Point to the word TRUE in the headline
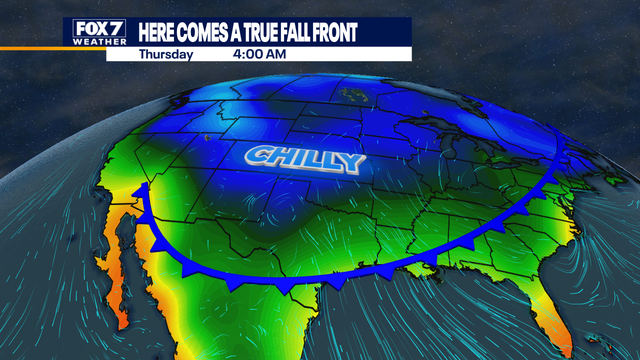[272, 33]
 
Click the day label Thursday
[166, 54]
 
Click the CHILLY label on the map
[304, 158]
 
